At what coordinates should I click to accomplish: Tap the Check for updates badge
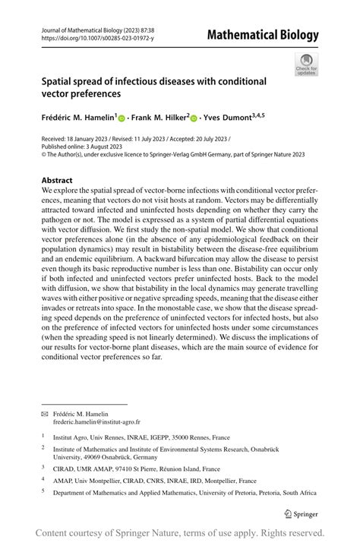pyautogui.click(x=307, y=65)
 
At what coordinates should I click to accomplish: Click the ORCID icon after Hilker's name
pyautogui.click(x=194, y=118)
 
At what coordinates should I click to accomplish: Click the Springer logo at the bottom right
pyautogui.click(x=301, y=514)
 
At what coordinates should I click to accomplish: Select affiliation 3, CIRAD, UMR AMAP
pyautogui.click(x=136, y=469)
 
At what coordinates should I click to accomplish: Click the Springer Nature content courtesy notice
pyautogui.click(x=180, y=532)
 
